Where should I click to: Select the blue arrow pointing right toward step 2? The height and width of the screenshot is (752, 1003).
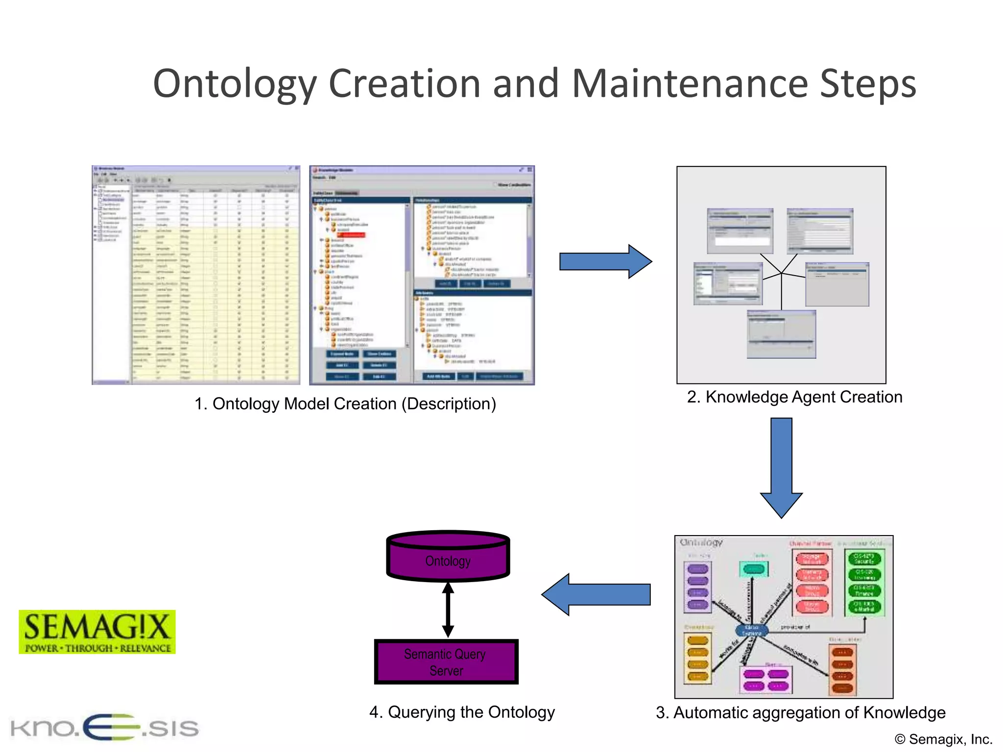click(x=605, y=261)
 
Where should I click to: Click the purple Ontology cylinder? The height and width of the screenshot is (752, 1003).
click(x=448, y=558)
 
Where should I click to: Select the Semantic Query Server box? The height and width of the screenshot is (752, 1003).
click(x=446, y=662)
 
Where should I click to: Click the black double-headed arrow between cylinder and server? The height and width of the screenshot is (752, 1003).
click(x=448, y=610)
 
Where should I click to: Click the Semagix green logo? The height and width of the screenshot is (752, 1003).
click(x=97, y=632)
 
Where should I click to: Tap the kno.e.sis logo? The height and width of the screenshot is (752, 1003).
click(x=104, y=727)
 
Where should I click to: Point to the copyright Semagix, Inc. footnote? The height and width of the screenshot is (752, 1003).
click(x=943, y=739)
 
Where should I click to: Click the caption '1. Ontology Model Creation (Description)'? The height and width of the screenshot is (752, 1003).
click(x=345, y=404)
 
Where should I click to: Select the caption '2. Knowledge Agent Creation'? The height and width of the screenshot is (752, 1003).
click(x=794, y=397)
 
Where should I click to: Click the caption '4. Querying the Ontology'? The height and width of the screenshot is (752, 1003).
click(x=462, y=712)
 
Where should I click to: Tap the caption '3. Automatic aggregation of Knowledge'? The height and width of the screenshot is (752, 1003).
click(x=800, y=713)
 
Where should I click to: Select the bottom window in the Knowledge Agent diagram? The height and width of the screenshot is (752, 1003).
click(x=781, y=334)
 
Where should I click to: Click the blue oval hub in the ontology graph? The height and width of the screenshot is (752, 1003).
click(x=751, y=630)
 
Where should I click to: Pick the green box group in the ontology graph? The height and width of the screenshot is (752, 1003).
click(x=864, y=583)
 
